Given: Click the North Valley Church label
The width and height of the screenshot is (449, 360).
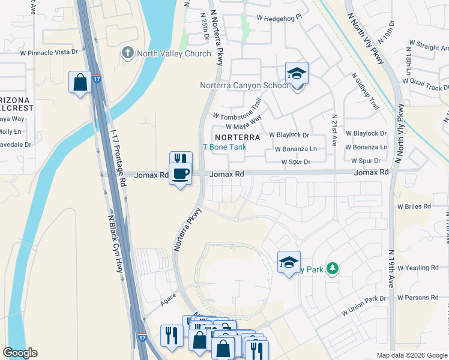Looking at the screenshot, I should [x=173, y=53].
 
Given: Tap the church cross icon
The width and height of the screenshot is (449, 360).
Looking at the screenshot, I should [x=127, y=53].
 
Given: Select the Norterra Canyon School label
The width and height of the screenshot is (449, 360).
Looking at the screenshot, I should [x=244, y=85].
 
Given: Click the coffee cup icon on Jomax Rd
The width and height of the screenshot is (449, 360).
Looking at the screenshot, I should [x=181, y=174].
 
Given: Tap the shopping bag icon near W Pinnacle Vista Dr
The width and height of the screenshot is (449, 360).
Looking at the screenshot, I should [x=80, y=83].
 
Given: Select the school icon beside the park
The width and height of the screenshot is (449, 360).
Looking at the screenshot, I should [x=289, y=262].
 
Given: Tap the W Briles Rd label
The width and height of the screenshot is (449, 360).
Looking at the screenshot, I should [x=414, y=206].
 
